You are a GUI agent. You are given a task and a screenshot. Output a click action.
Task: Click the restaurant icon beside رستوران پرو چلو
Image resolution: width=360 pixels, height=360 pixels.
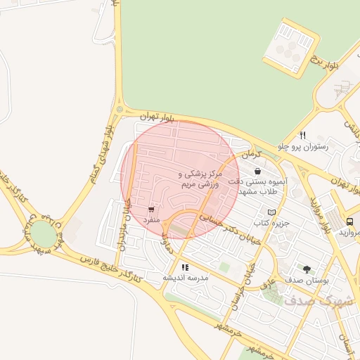point(303,135)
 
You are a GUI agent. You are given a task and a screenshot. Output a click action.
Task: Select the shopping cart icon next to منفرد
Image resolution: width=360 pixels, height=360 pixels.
point(151,210)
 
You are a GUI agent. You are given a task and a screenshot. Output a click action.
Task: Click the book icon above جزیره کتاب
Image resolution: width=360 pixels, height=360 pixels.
point(272,212)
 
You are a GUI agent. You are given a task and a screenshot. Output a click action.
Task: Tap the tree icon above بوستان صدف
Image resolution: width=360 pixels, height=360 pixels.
point(307,269)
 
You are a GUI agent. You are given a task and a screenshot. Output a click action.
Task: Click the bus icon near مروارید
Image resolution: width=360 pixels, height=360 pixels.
point(350,221)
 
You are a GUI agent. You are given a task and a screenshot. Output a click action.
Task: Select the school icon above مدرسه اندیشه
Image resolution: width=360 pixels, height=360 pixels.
point(185,267)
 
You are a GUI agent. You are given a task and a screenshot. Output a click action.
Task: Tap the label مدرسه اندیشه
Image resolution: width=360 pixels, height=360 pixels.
point(186,278)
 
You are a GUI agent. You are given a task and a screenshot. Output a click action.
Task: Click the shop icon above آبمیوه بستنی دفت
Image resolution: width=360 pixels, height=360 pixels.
point(258,171)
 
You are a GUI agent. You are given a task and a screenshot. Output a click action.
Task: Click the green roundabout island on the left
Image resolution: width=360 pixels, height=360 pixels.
point(42,233)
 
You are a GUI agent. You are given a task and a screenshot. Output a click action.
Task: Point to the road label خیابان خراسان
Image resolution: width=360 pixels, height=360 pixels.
point(243,281)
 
